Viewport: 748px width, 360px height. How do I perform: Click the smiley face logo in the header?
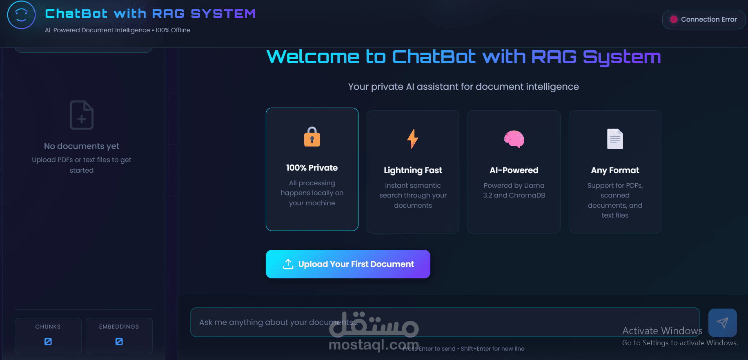coord(21,15)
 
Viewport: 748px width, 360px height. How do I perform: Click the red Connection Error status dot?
coord(674,20)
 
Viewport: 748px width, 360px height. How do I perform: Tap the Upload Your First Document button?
coord(348,264)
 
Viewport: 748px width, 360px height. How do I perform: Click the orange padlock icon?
coord(312,137)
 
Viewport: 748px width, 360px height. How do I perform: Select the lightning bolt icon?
coord(413,139)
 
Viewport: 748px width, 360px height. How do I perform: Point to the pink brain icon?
coord(514,139)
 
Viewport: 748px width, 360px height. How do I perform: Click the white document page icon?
coord(615,139)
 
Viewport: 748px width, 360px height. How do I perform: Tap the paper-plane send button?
coord(723,322)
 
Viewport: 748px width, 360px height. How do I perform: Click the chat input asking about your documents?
coord(445,322)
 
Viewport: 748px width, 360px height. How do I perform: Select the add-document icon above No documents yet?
coord(82,115)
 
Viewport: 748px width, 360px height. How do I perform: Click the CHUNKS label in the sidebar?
coord(48,327)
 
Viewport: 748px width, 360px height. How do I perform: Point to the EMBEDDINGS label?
coord(119,327)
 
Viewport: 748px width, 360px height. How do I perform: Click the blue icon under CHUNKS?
coord(48,342)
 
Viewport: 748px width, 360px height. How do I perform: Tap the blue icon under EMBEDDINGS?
coord(119,342)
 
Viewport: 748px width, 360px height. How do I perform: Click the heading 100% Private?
coord(312,168)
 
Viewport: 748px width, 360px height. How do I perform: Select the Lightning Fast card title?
coord(413,170)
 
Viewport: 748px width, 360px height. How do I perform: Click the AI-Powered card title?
coord(514,170)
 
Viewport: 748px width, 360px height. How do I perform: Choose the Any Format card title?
coord(615,170)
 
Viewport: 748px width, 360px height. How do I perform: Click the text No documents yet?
coord(82,146)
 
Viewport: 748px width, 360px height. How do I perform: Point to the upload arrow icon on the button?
coord(288,264)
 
